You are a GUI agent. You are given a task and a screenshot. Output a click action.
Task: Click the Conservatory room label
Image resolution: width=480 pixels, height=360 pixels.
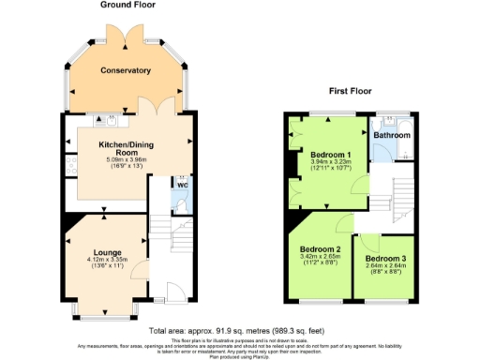[x=127, y=70]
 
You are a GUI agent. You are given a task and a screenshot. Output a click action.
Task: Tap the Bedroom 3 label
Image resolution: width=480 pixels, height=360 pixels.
[x=384, y=258]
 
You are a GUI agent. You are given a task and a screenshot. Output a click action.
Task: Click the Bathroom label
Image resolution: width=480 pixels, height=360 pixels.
[x=392, y=136]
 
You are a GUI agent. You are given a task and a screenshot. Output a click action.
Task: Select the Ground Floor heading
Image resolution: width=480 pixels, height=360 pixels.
[x=127, y=5]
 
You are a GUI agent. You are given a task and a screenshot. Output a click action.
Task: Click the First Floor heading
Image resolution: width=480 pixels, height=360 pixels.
[x=350, y=92]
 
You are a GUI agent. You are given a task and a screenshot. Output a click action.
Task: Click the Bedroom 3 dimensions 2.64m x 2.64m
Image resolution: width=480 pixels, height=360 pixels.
[x=384, y=266]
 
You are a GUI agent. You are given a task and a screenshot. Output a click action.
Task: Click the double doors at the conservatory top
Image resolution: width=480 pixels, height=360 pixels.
[x=127, y=33]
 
